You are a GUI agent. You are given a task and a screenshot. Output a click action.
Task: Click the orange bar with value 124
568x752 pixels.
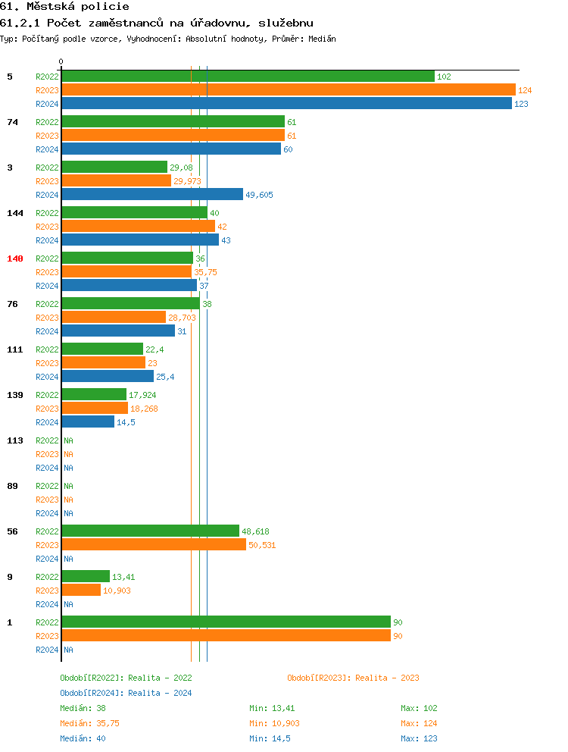pos(288,90)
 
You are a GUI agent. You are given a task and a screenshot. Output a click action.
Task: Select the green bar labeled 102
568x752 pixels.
pos(248,77)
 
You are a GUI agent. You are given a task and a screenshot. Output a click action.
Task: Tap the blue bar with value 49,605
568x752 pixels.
pos(152,195)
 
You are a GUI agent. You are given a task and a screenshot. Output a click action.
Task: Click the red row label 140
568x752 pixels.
pos(15,258)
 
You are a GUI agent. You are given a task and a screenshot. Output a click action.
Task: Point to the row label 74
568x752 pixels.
pos(12,122)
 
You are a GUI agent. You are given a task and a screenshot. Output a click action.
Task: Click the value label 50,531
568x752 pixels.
pos(262,545)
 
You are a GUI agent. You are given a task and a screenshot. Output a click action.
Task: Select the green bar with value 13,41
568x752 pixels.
pos(86,577)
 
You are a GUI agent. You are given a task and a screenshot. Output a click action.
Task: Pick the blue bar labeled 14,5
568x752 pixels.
pos(88,422)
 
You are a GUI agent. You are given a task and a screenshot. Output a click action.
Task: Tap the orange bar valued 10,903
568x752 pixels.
pos(81,591)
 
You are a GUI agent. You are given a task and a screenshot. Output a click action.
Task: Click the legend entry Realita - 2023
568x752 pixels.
pos(353,678)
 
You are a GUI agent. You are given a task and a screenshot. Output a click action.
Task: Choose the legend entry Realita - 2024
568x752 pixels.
pos(126,693)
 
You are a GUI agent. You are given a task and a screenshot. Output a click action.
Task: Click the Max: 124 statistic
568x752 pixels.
pos(419,723)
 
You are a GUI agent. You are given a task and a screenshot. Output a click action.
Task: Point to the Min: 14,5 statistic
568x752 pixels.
pos(270,738)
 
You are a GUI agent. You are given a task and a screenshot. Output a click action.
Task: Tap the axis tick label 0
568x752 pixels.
pos(61,62)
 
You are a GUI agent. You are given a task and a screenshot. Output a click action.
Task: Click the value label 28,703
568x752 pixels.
pos(182,318)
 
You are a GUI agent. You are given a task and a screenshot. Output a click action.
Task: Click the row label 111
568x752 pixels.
pos(15,349)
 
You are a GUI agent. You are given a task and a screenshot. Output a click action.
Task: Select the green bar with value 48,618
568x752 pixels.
pos(150,531)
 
